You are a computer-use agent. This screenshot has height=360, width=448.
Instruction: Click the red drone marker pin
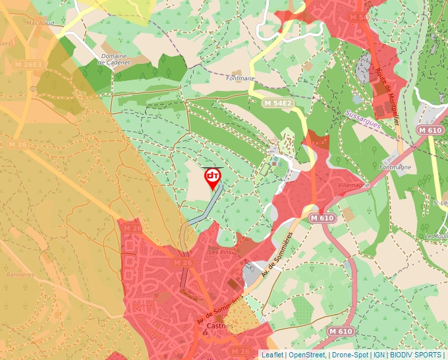click(x=213, y=178)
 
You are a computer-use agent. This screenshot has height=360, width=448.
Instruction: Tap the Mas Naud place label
click(x=39, y=22)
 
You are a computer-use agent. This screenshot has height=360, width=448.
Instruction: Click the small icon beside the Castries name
click(x=205, y=333)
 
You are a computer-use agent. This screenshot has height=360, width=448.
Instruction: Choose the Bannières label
click(x=19, y=274)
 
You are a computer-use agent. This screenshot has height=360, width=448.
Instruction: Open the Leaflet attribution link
click(x=272, y=355)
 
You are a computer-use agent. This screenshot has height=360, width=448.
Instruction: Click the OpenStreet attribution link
click(x=307, y=355)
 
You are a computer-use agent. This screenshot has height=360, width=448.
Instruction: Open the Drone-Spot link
click(x=349, y=355)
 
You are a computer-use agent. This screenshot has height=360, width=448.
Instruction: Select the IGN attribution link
click(x=379, y=355)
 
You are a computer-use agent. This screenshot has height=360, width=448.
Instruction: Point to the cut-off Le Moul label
click(x=436, y=236)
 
